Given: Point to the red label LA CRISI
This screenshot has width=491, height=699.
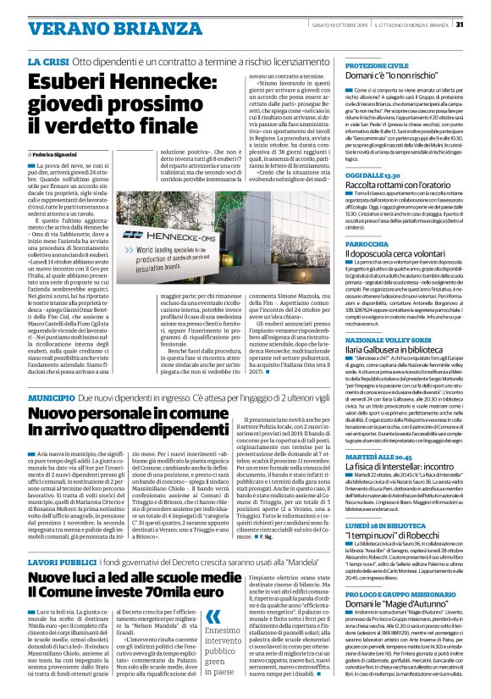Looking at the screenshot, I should [x=48, y=63].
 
